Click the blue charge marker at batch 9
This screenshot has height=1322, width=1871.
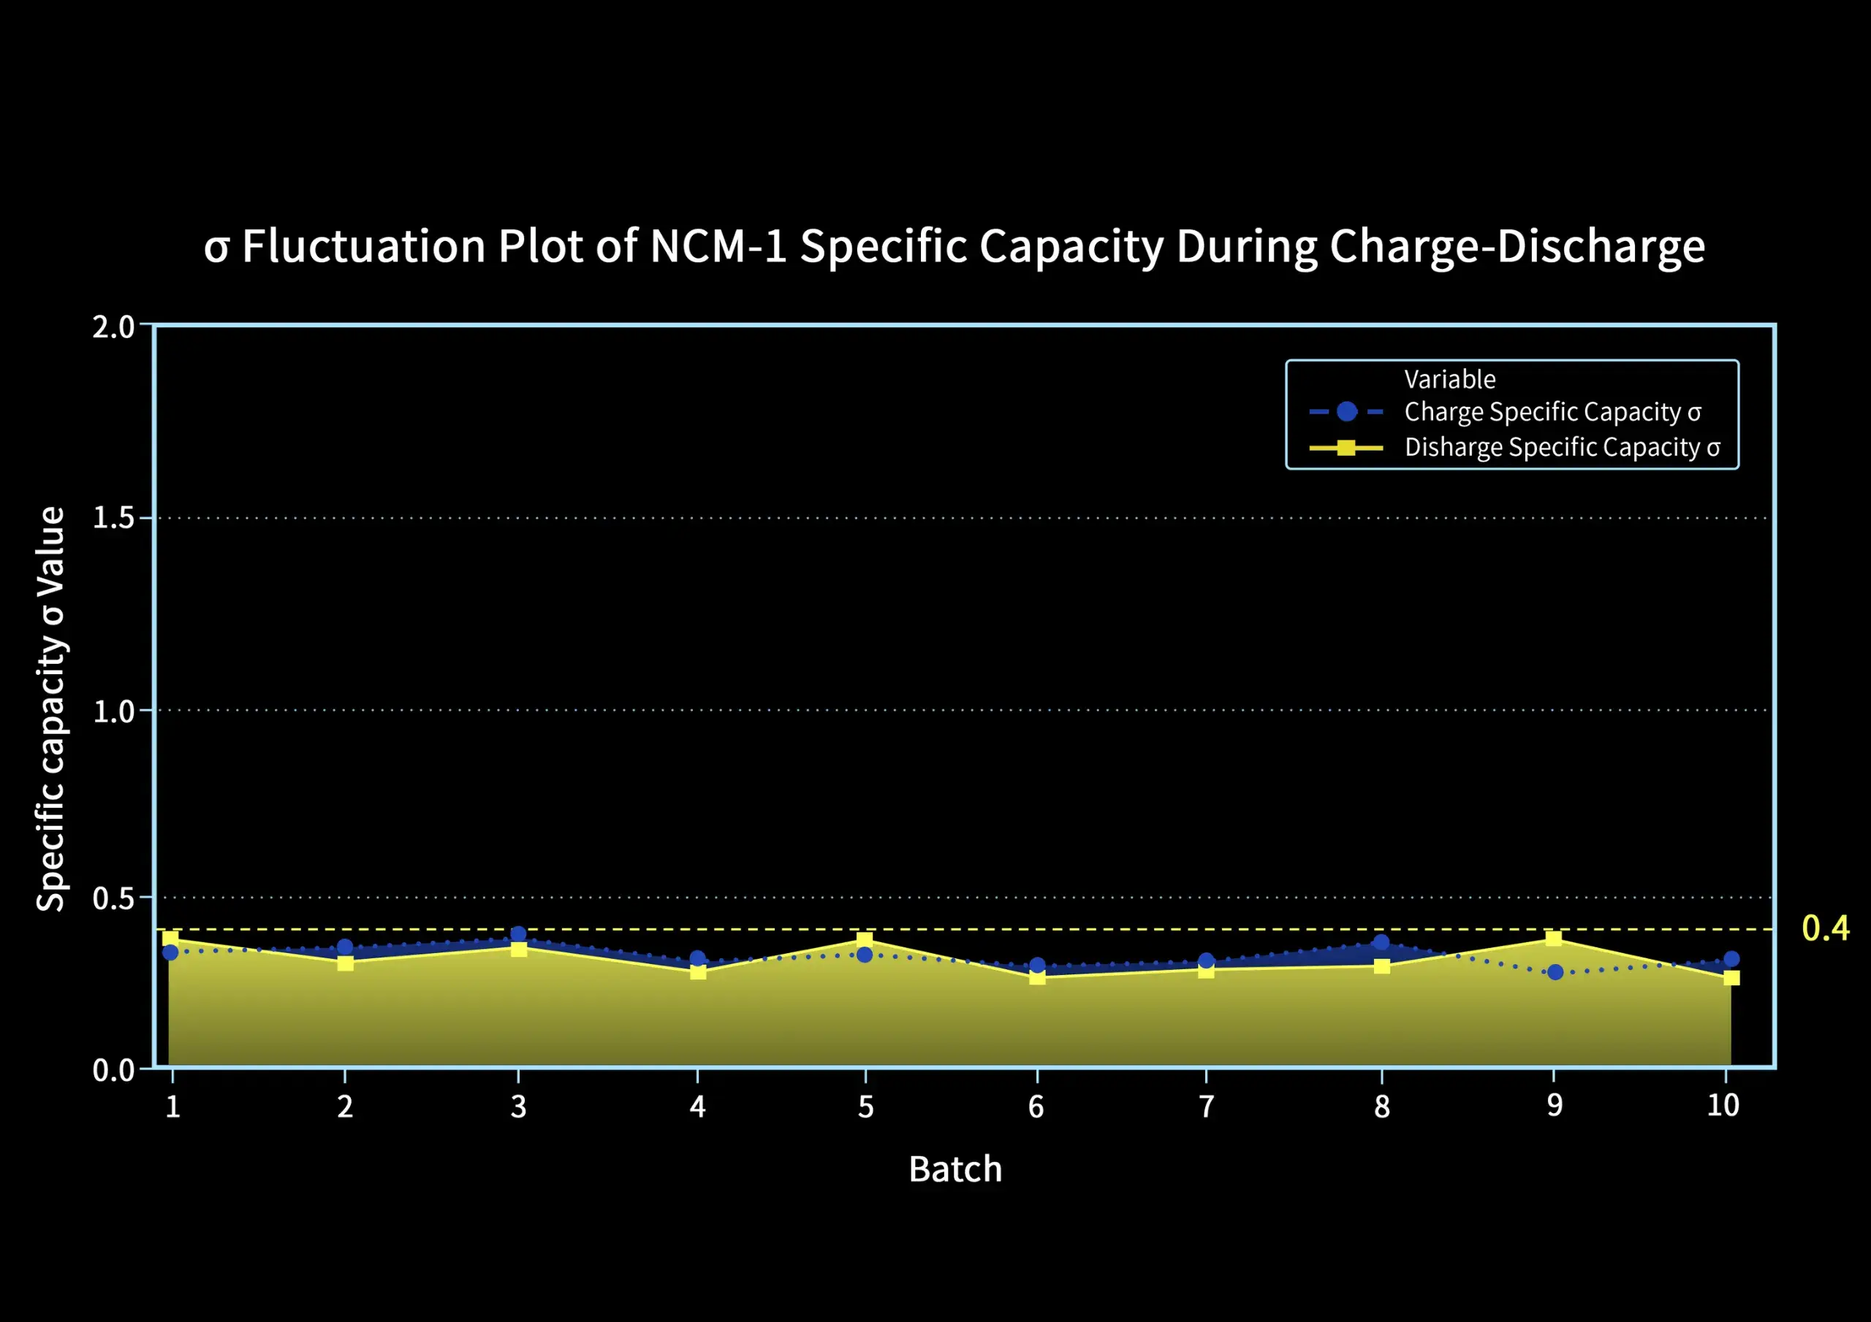(x=1555, y=971)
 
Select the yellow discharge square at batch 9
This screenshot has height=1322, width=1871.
(x=1554, y=939)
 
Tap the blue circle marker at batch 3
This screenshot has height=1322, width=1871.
(x=518, y=933)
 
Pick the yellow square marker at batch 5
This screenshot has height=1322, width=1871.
(x=865, y=939)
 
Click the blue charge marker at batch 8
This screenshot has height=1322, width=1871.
(x=1381, y=941)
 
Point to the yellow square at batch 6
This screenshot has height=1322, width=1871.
(x=1037, y=977)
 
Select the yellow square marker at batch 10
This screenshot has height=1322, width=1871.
(x=1731, y=977)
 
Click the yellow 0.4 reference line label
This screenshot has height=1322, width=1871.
(x=1826, y=928)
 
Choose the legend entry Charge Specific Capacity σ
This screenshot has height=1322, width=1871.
(x=1552, y=412)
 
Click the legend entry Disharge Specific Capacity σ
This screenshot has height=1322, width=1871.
(x=1561, y=447)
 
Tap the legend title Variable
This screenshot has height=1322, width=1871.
(x=1450, y=380)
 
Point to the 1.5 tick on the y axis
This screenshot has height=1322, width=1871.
(x=113, y=517)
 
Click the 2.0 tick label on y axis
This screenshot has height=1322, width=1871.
(x=113, y=326)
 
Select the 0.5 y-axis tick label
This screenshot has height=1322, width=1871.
(x=113, y=898)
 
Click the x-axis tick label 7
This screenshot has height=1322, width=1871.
(x=1206, y=1106)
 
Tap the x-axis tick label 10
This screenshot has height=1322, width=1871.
(x=1723, y=1106)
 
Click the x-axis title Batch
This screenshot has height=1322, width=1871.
(x=955, y=1169)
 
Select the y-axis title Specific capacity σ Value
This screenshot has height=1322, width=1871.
(x=50, y=708)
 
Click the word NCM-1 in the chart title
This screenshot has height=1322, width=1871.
(x=718, y=246)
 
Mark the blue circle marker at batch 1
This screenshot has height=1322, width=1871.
(x=170, y=952)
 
